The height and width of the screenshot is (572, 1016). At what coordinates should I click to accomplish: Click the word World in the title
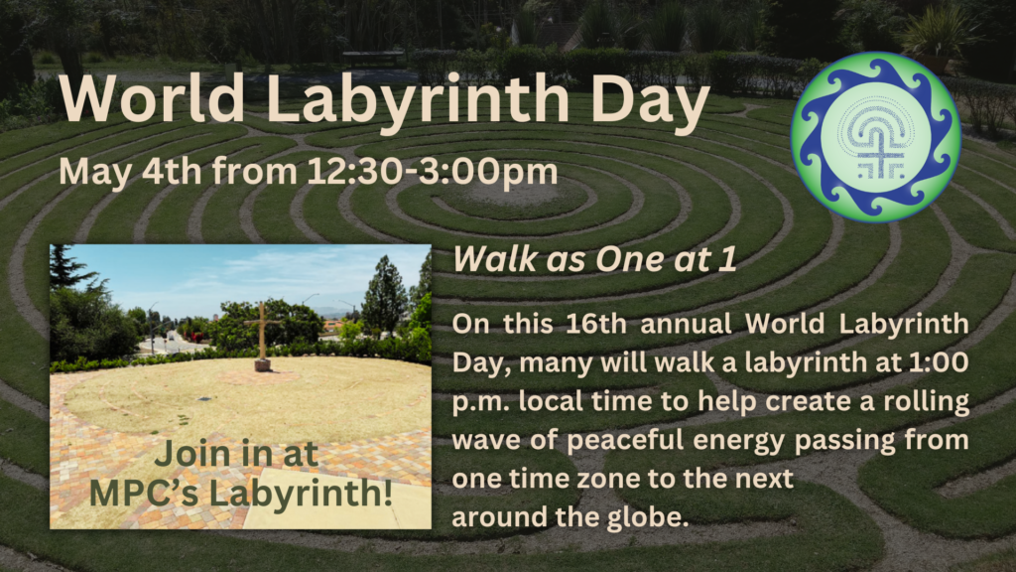[x=152, y=98]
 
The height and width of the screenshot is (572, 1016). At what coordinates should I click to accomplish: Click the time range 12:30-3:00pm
[x=433, y=171]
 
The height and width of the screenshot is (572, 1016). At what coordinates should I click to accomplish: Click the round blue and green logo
[x=876, y=137]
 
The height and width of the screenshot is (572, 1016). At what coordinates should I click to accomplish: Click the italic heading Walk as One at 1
[x=595, y=259]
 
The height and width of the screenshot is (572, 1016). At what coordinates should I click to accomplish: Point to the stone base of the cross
[x=262, y=364]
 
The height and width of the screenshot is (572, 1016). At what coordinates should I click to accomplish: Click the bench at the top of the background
[x=374, y=58]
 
